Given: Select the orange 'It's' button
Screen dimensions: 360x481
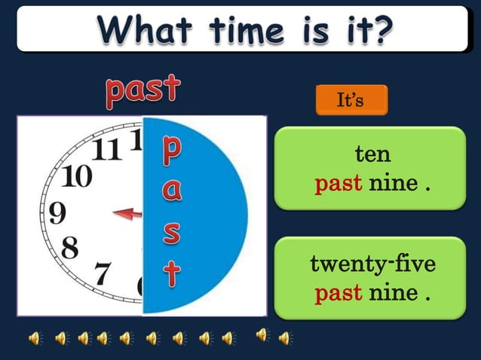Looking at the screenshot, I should coord(351,100).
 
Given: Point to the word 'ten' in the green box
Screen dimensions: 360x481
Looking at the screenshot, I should coord(372,154).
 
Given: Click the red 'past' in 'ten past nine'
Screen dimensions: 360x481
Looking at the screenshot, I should coord(339,183).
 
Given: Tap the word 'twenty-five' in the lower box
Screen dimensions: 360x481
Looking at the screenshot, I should coord(372,264).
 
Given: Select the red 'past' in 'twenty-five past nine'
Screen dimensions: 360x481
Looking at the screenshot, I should coord(339,292).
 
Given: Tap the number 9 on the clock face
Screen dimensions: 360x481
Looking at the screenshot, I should coord(57,213).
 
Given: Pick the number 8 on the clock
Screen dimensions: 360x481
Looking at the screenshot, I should coord(70,247).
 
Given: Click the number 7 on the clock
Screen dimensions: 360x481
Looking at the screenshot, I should coord(103,272).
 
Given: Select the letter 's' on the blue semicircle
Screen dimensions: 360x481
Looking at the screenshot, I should coord(172,232).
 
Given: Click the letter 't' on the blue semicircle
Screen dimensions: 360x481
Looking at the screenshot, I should coord(172,273).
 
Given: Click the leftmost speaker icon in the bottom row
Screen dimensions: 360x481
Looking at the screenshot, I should coord(35,338).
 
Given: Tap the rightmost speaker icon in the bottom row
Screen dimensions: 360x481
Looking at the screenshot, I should coord(284,338).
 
